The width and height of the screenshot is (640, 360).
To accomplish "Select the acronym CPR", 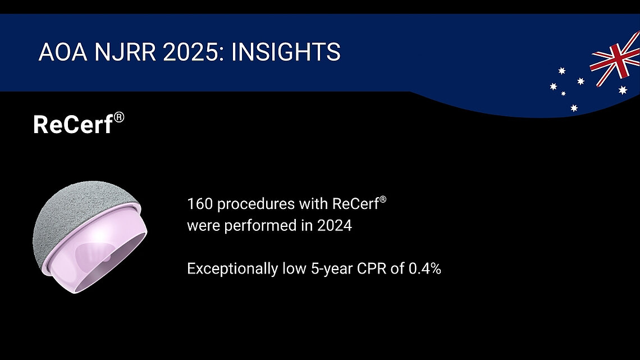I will pyautogui.click(x=364, y=269).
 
